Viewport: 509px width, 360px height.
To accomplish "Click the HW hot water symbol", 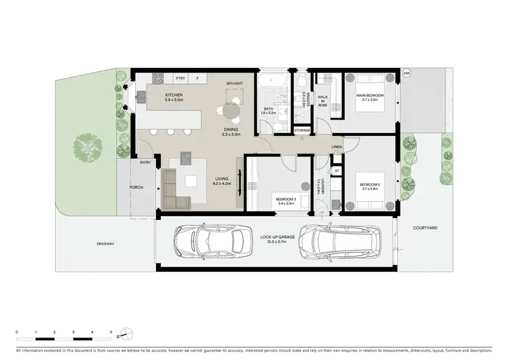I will [407, 73].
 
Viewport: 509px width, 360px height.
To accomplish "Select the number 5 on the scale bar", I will [111, 331].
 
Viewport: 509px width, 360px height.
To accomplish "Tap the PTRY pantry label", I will [181, 77].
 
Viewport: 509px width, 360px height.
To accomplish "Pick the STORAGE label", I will [302, 130].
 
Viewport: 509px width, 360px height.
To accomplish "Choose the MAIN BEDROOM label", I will [370, 97].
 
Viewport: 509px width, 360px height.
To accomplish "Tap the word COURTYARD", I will [428, 228].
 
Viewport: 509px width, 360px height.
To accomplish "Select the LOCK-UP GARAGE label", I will [273, 238].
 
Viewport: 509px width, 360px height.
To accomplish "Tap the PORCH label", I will [136, 187].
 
